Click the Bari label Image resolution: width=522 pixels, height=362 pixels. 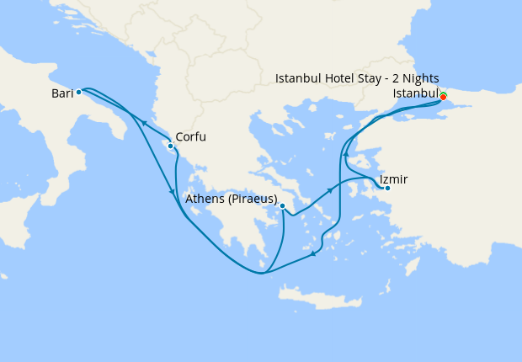[x=62, y=93]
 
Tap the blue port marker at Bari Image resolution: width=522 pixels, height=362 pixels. [x=78, y=93]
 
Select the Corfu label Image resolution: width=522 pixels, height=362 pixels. [x=190, y=137]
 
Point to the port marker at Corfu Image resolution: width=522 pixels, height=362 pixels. [x=171, y=146]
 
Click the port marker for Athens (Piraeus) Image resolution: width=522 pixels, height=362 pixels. [x=283, y=205]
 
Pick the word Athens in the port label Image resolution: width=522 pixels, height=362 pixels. [x=204, y=200]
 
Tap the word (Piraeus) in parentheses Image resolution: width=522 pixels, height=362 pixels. [x=251, y=200]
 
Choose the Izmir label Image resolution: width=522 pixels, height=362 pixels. [x=393, y=180]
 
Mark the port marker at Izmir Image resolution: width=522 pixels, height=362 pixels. [x=387, y=188]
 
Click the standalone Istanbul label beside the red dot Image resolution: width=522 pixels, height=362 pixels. [x=415, y=93]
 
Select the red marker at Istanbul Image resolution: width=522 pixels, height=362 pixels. [x=443, y=97]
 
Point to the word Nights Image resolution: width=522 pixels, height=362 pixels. [x=418, y=78]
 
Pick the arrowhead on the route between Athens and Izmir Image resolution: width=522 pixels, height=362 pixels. [x=331, y=191]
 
